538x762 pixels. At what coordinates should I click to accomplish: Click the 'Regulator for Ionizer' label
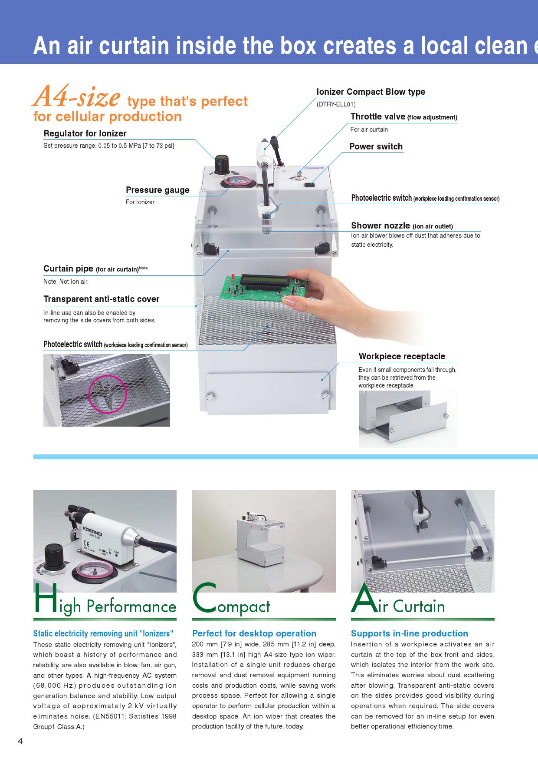pyautogui.click(x=85, y=133)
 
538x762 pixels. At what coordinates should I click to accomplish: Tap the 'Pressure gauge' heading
pyautogui.click(x=157, y=190)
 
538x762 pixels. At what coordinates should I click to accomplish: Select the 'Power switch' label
pyautogui.click(x=376, y=146)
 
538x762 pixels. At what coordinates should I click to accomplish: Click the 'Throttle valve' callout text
pyautogui.click(x=378, y=116)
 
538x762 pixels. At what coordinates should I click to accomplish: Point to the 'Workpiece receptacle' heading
pyautogui.click(x=402, y=356)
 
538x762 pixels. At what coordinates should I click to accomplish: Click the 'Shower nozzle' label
pyautogui.click(x=381, y=225)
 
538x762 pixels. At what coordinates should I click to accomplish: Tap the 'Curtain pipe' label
pyautogui.click(x=68, y=268)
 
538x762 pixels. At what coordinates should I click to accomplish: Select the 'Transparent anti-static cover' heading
pyautogui.click(x=101, y=299)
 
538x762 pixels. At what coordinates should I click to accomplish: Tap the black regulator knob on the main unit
pyautogui.click(x=224, y=165)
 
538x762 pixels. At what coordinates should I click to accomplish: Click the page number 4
pyautogui.click(x=20, y=741)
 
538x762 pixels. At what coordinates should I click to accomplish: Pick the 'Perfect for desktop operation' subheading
pyautogui.click(x=254, y=633)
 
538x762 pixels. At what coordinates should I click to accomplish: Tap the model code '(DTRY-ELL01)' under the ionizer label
pyautogui.click(x=336, y=104)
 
